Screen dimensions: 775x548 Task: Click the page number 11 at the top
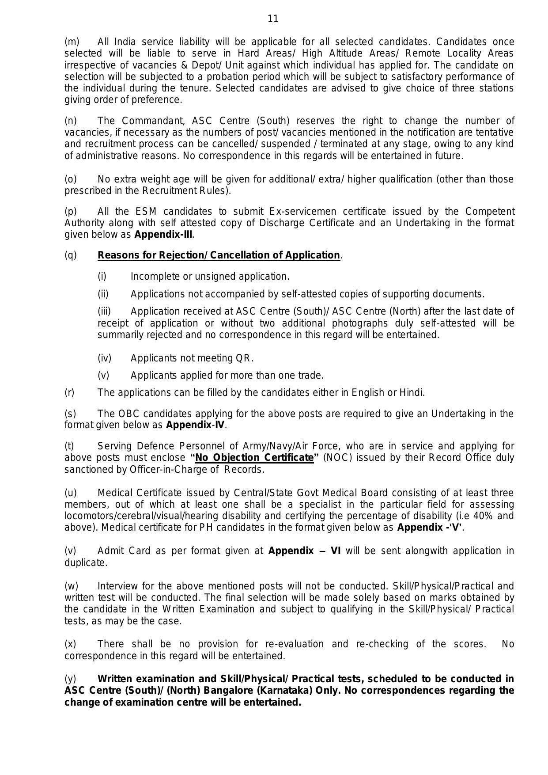click(x=273, y=19)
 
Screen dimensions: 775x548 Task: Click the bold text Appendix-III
click(x=163, y=235)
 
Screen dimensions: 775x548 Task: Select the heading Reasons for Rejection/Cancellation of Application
click(x=219, y=255)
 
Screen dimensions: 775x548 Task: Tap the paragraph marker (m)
click(x=72, y=42)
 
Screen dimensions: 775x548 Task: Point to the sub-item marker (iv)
click(x=104, y=358)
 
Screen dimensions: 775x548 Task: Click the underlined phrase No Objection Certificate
click(x=254, y=458)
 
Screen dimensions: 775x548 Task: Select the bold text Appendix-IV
click(x=196, y=425)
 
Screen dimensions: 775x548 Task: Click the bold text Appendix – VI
click(x=304, y=551)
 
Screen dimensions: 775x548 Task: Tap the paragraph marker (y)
click(x=70, y=679)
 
